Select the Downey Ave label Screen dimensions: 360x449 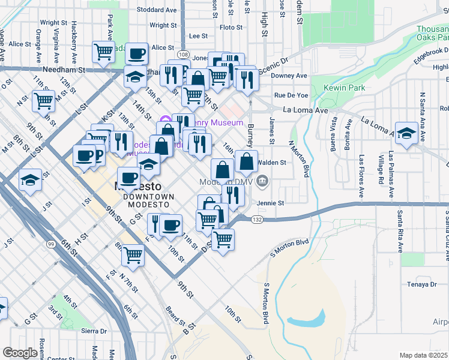289,76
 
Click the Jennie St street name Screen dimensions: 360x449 270,203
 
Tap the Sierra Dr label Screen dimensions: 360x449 94,331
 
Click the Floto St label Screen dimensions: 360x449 231,27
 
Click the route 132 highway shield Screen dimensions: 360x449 258,220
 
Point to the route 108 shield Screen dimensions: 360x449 183,55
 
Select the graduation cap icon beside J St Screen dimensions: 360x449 29,180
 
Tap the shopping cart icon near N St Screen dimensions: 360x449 43,102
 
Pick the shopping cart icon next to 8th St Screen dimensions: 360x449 133,255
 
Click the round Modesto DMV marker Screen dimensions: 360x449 262,181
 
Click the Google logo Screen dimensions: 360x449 20,353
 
